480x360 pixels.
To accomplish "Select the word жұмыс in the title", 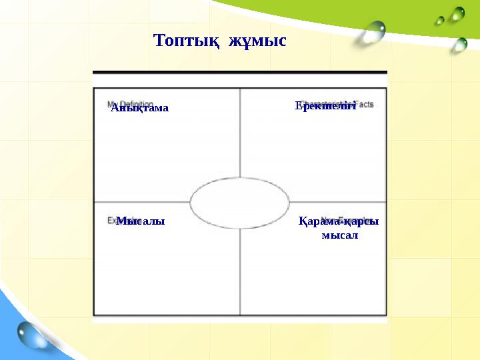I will (258, 41).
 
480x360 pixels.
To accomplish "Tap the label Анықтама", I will (140, 107).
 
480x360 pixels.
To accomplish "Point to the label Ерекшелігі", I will (326, 105).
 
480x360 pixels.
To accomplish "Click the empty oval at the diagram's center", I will (240, 202).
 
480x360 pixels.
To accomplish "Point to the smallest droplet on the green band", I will (439, 21).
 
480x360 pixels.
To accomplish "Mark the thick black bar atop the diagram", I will (239, 72).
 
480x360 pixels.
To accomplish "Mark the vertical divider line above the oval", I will (240, 133).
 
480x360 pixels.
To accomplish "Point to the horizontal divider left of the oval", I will (141, 202).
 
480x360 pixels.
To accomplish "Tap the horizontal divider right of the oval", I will (337, 202).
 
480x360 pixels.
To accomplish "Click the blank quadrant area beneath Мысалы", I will (167, 273).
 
